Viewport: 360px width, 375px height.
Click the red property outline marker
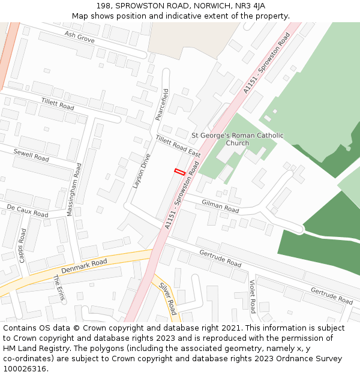pyautogui.click(x=179, y=172)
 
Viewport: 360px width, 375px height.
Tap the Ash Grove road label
pyautogui.click(x=80, y=37)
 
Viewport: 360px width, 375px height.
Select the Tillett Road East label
pyautogui.click(x=178, y=146)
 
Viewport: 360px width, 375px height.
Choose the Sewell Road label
pyautogui.click(x=31, y=155)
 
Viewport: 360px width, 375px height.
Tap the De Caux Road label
pyautogui.click(x=28, y=210)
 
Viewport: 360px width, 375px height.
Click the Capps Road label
pyautogui.click(x=22, y=245)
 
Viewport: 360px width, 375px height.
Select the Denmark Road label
pyautogui.click(x=84, y=266)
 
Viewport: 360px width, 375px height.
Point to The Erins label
pyautogui.click(x=59, y=288)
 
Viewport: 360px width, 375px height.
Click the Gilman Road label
pyautogui.click(x=220, y=207)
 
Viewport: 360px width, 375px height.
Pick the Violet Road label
pyautogui.click(x=253, y=296)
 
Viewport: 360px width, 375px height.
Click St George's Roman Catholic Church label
pyautogui.click(x=237, y=139)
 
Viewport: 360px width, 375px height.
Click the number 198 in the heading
pyautogui.click(x=103, y=6)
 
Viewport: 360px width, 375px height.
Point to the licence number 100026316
pyautogui.click(x=24, y=369)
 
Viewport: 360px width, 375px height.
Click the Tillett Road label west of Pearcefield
pyautogui.click(x=58, y=103)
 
